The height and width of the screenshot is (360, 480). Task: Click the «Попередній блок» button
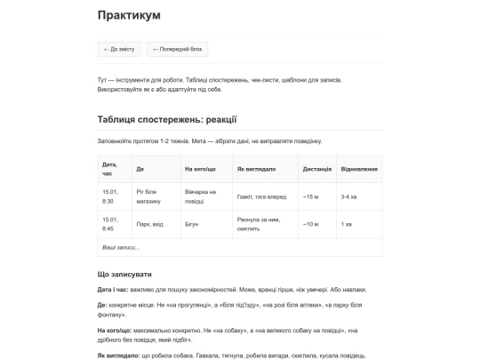[178, 50]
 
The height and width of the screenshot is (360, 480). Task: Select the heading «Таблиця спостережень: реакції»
[167, 120]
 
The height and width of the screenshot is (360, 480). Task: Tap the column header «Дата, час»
[110, 168]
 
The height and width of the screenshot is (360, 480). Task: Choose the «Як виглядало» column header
[256, 169]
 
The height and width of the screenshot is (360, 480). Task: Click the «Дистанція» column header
[316, 169]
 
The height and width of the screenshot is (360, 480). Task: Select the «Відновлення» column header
[359, 169]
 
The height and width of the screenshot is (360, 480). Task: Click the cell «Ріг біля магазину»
[148, 196]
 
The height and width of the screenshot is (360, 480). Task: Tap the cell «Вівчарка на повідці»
[200, 196]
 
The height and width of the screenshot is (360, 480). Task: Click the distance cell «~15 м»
[310, 196]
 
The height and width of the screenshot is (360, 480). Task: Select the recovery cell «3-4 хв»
[349, 196]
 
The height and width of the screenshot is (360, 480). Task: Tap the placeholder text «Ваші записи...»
[121, 247]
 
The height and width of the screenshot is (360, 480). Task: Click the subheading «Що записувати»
[124, 274]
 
